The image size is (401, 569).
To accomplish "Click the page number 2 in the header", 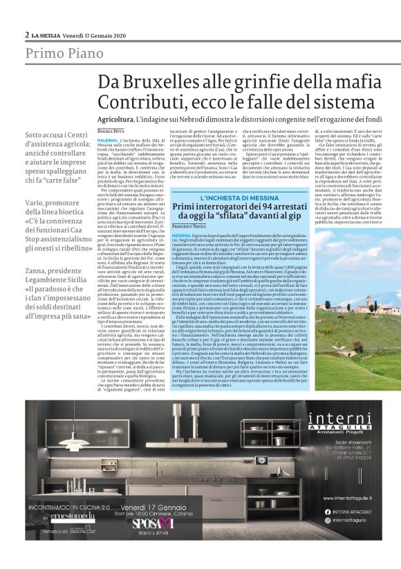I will (27, 35).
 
